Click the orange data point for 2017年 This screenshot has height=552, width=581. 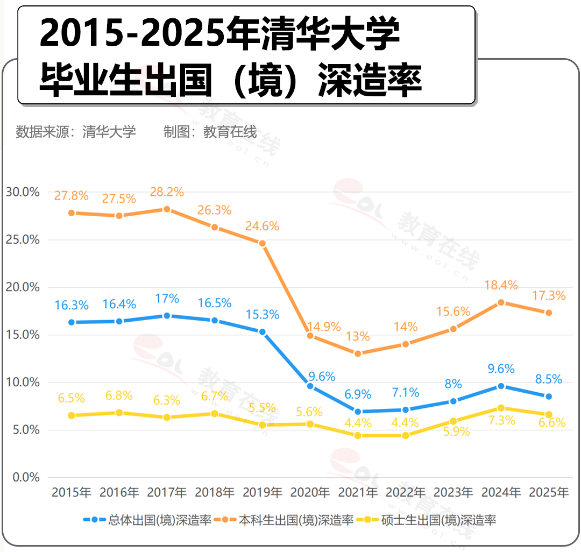click(x=167, y=209)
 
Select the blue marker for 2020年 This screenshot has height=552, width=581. click(x=310, y=386)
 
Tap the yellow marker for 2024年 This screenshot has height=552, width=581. click(x=501, y=408)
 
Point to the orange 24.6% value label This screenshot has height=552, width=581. click(x=262, y=227)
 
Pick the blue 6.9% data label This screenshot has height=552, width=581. click(x=357, y=394)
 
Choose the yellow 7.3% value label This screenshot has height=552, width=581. click(x=501, y=421)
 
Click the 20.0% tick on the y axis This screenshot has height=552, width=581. click(x=23, y=287)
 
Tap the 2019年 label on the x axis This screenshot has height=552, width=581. click(x=263, y=492)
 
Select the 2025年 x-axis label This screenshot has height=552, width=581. click(x=549, y=492)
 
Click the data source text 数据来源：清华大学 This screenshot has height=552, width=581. click(x=76, y=131)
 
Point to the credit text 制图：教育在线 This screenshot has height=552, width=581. click(x=210, y=131)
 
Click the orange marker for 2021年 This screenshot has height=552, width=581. click(x=358, y=353)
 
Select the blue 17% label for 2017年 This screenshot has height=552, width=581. click(x=167, y=299)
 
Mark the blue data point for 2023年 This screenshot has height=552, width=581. click(x=453, y=401)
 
